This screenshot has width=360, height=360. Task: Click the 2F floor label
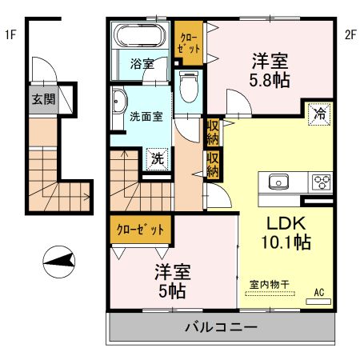click(349, 34)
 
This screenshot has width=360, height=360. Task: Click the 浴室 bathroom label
click(143, 64)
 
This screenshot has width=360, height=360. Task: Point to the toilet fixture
click(189, 85)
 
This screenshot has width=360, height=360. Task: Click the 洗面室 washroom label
click(146, 116)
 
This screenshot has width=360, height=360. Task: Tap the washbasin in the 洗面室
click(119, 102)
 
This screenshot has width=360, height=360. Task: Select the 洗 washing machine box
click(158, 158)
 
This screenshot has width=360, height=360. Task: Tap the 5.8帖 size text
click(270, 80)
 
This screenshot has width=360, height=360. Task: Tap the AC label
click(319, 292)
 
